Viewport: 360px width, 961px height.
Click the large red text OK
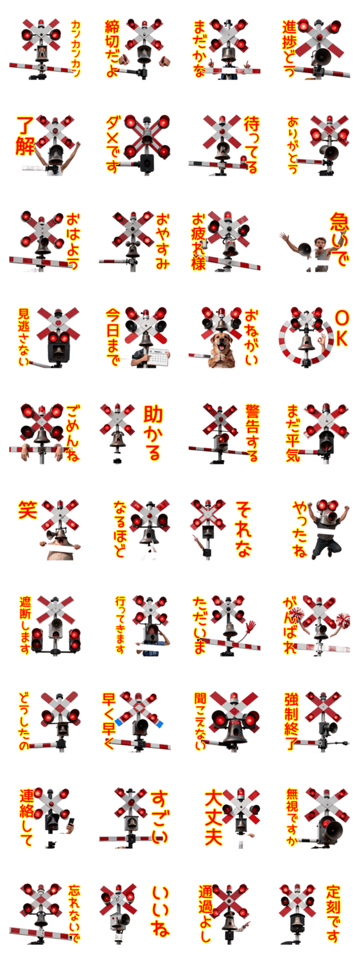341,329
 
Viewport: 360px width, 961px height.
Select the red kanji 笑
28,509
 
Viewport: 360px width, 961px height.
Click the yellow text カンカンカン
75,49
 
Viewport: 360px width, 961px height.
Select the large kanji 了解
26,136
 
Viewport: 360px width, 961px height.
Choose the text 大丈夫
213,817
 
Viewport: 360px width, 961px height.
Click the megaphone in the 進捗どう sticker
322,54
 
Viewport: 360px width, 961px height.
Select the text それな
243,529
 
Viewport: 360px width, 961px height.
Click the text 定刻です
333,914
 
